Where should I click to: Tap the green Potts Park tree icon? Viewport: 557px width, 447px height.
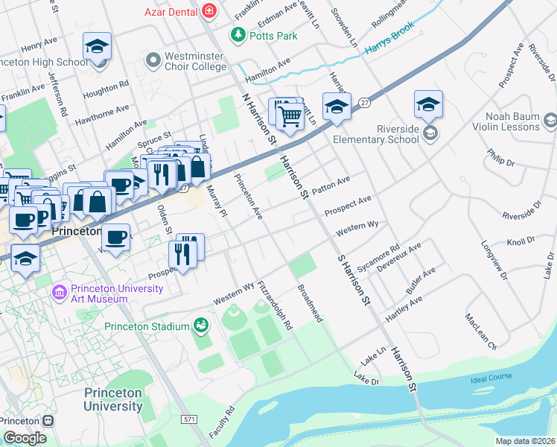pyautogui.click(x=238, y=35)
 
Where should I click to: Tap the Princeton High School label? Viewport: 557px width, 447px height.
pyautogui.click(x=44, y=62)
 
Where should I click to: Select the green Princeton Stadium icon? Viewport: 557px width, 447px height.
pyautogui.click(x=200, y=326)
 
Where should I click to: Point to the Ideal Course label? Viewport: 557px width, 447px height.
pyautogui.click(x=491, y=378)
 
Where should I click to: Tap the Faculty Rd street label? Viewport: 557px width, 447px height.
pyautogui.click(x=222, y=421)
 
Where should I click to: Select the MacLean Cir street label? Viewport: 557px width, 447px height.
pyautogui.click(x=480, y=332)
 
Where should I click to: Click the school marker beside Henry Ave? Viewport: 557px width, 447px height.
pyautogui.click(x=97, y=47)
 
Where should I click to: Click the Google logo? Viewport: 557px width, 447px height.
pyautogui.click(x=25, y=438)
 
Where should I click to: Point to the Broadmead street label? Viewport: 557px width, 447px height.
pyautogui.click(x=310, y=303)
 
